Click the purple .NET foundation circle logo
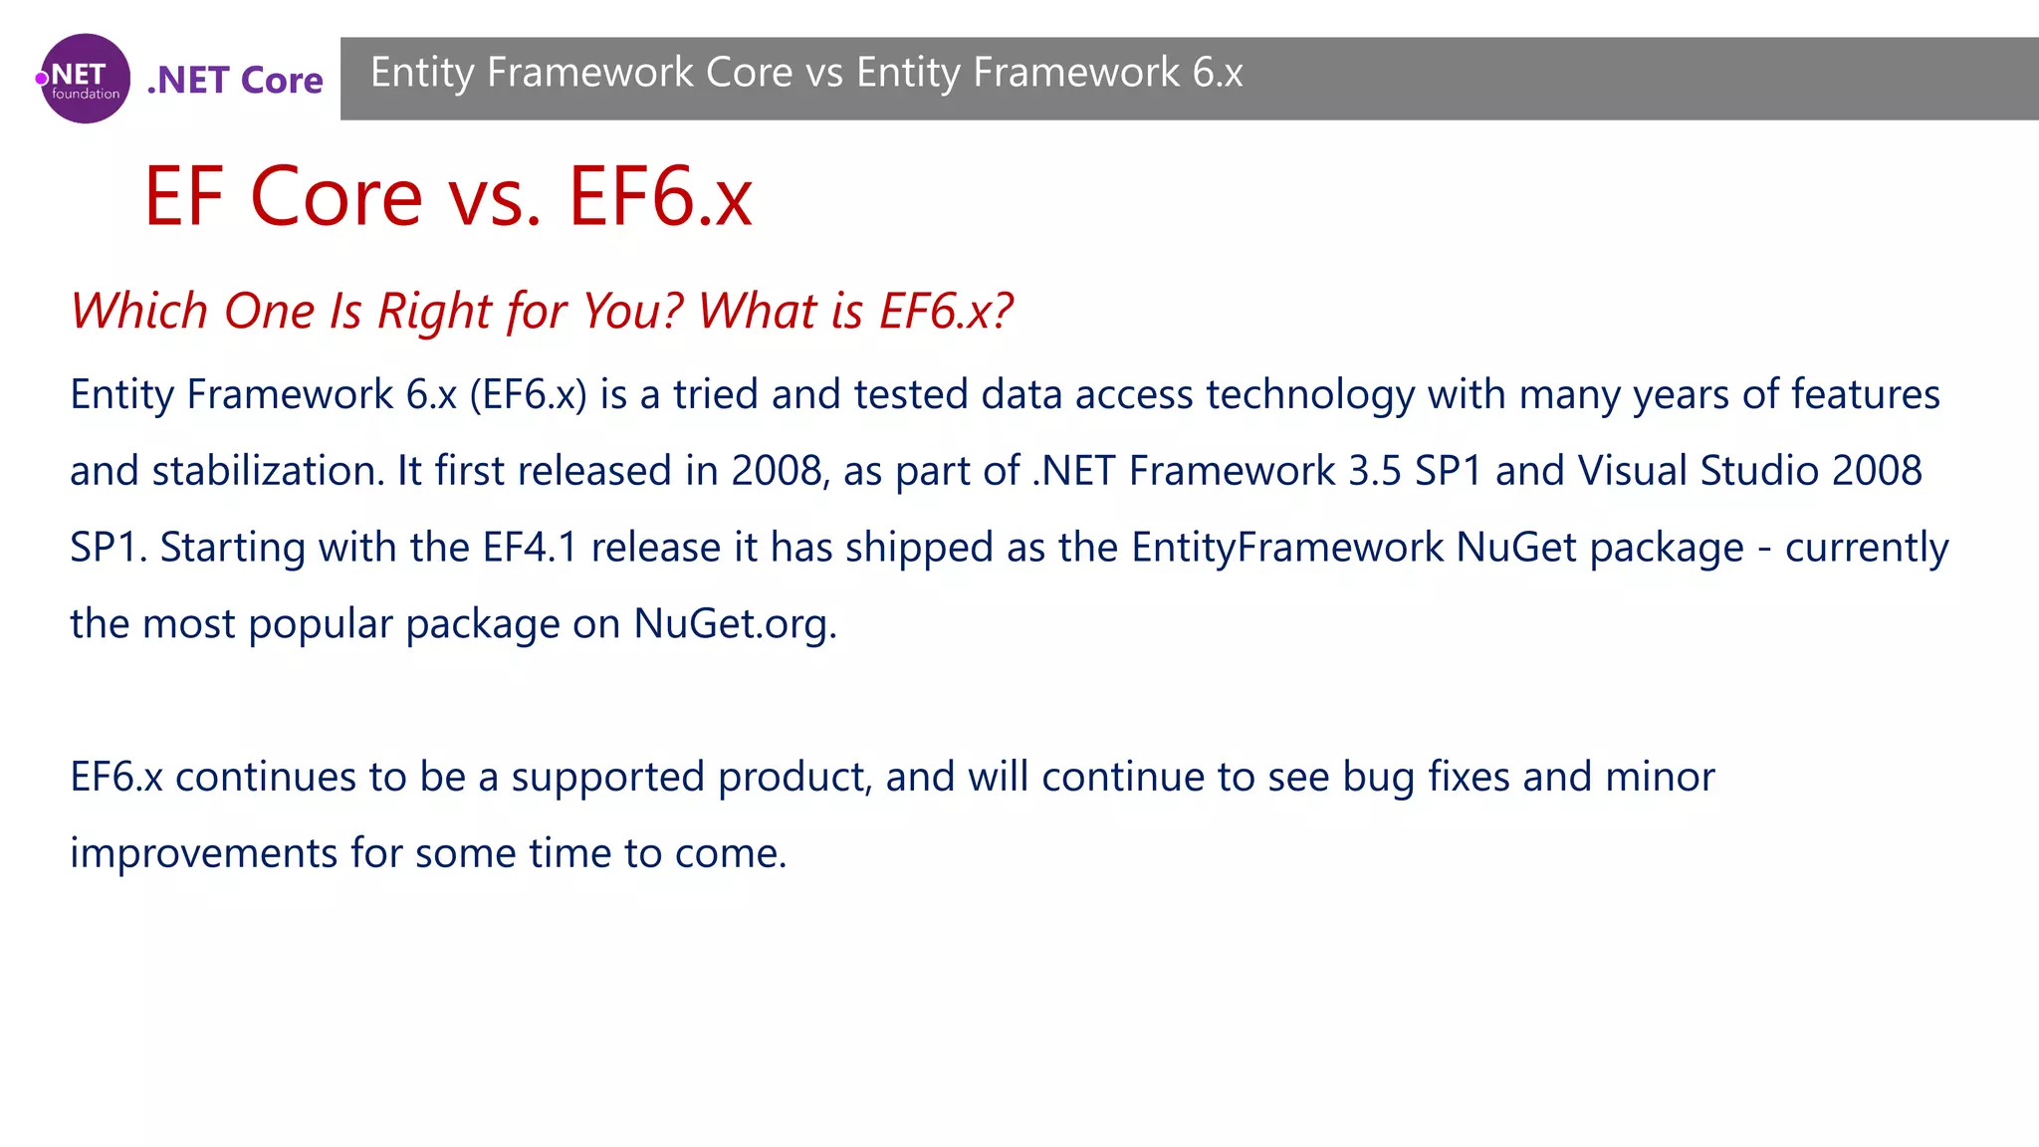tap(85, 79)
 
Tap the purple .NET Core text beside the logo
tap(235, 80)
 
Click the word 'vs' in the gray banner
tap(824, 73)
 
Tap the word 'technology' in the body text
tap(1310, 394)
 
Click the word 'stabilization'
tap(267, 471)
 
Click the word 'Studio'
tap(1759, 471)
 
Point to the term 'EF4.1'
tap(530, 548)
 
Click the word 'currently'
tap(1866, 548)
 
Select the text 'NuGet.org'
tap(734, 624)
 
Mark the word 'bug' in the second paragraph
tap(1378, 777)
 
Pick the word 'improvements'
tap(204, 853)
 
